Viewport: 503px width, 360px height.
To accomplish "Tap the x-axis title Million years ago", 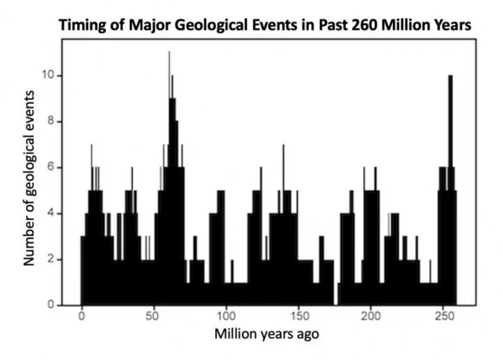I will point(268,334).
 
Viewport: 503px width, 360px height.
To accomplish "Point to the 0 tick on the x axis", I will point(82,317).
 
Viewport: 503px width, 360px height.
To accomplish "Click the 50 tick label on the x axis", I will point(153,317).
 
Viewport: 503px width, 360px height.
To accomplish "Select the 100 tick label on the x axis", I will point(226,317).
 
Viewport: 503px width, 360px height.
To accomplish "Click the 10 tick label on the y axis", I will point(49,76).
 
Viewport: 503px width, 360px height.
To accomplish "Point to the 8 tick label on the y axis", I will point(51,122).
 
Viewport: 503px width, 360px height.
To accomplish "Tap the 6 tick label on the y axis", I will point(51,167).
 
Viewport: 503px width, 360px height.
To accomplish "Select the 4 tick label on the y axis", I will point(51,213).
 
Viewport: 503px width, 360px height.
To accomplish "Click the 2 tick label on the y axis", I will point(51,259).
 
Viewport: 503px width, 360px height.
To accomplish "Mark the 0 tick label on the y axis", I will point(51,304).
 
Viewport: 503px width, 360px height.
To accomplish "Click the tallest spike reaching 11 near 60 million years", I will point(169,55).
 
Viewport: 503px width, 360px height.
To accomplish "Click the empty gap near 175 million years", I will point(336,295).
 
